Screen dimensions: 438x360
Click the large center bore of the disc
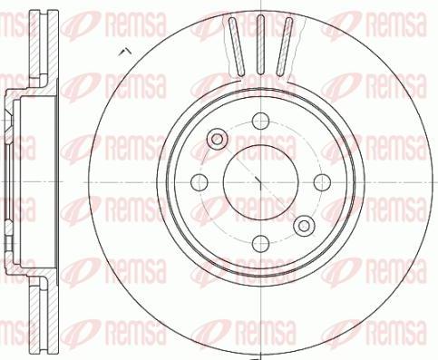pos(261,182)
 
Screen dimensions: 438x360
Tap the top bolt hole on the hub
pos(260,121)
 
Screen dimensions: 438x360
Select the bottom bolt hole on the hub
pos(260,244)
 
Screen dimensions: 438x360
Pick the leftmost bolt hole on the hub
pos(200,182)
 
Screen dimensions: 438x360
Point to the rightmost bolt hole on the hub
pos(322,182)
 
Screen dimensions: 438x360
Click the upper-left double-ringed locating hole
pos(217,139)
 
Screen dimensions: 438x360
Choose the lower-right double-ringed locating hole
pos(304,226)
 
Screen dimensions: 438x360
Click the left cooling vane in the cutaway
pos(237,46)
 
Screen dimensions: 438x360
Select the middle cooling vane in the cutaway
pos(260,45)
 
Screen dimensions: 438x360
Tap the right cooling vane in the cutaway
pos(285,46)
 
